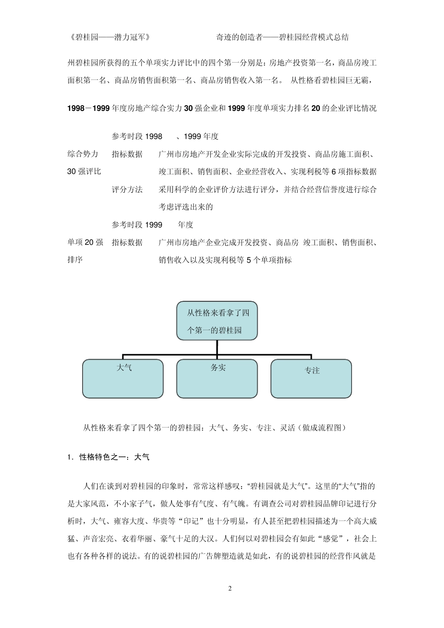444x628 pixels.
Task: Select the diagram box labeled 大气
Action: click(x=123, y=378)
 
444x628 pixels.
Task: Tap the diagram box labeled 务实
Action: click(x=217, y=378)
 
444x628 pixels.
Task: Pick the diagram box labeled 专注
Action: click(x=311, y=378)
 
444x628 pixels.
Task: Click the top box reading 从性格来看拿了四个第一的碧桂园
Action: click(x=217, y=321)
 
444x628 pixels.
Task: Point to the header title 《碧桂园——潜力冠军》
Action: click(x=109, y=37)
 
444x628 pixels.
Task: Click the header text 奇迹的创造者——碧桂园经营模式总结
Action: click(x=282, y=37)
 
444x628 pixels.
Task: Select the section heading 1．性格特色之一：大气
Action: click(x=108, y=457)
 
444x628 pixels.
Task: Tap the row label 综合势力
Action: click(x=83, y=154)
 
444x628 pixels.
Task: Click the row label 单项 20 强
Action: click(x=85, y=243)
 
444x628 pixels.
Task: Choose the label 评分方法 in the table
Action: click(x=127, y=190)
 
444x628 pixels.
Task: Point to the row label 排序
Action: click(x=75, y=260)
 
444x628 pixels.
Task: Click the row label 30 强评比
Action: click(x=84, y=171)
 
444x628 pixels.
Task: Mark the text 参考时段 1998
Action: click(x=137, y=136)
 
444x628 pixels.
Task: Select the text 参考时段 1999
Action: click(x=137, y=225)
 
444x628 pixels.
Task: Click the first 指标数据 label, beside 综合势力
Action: click(x=127, y=154)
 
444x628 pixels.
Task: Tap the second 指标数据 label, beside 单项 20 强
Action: click(x=127, y=243)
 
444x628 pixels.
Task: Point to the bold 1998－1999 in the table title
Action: click(x=89, y=108)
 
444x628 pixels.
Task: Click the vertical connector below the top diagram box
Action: click(x=217, y=347)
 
